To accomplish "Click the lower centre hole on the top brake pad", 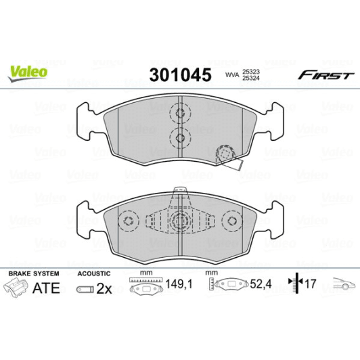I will (180, 138).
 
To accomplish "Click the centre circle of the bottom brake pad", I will (180, 219).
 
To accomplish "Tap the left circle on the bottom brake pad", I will (129, 221).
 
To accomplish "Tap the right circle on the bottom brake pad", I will (231, 221).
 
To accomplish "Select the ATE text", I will (46, 288).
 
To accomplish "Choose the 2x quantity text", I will (103, 288).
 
